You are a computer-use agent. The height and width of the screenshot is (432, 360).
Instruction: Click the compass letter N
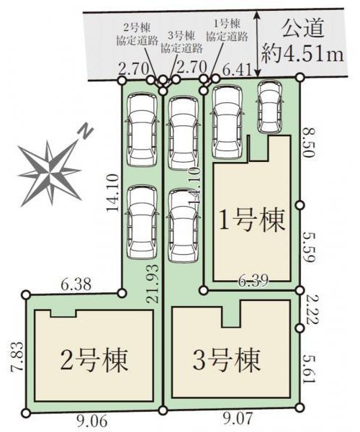(x=86, y=131)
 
